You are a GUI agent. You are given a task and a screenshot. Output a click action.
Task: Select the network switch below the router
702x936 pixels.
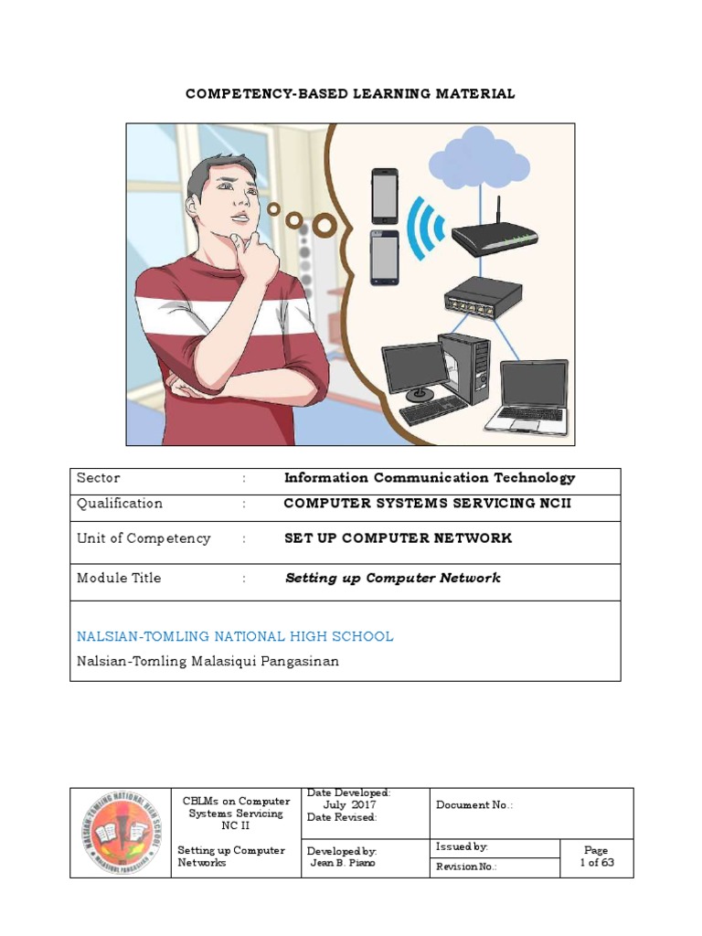[x=483, y=297]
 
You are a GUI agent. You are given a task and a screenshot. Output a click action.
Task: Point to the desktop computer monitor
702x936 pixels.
[x=414, y=367]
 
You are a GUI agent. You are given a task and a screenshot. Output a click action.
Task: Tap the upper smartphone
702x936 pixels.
[x=385, y=195]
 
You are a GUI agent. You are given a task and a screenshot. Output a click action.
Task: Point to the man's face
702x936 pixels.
[x=228, y=201]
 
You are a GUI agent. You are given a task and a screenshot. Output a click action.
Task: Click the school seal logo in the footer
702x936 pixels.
[x=121, y=833]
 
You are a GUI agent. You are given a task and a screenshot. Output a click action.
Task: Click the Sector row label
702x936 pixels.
[x=99, y=478]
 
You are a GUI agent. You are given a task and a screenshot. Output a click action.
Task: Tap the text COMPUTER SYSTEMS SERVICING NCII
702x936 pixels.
[x=427, y=504]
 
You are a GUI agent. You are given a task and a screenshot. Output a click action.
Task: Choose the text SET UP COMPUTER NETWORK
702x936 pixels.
[x=398, y=538]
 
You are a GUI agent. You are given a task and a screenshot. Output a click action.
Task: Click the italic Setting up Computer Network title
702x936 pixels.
[x=392, y=578]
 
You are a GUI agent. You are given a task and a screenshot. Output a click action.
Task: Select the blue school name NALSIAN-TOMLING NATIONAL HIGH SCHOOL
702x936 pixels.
[x=235, y=636]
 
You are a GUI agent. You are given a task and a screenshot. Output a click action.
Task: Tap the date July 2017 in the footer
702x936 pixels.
[x=349, y=804]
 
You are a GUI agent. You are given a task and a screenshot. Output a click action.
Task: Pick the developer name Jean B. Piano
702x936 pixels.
[x=344, y=862]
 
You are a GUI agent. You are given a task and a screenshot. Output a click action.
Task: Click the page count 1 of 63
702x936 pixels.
[x=597, y=862]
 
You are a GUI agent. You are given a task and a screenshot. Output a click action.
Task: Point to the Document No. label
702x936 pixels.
[x=474, y=805]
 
